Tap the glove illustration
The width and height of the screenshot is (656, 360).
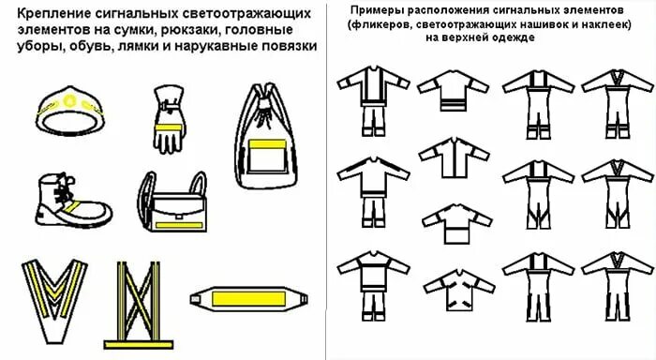[x=170, y=119]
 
